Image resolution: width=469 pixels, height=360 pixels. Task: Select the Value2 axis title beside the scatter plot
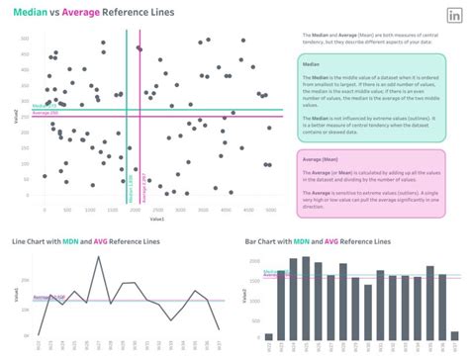[x=13, y=117]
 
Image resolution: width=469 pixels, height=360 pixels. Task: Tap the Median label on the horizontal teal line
[x=44, y=106]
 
